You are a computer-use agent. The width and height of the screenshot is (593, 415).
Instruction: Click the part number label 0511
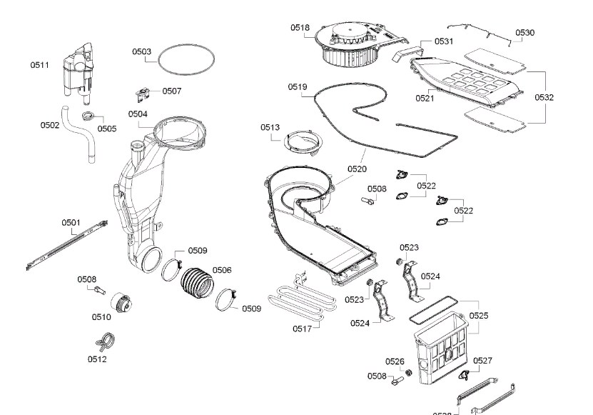39,65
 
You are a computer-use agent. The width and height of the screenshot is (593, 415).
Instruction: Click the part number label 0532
544,97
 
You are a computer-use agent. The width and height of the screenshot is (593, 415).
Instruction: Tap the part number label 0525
479,315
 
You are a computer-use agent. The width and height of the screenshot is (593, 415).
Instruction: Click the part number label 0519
298,87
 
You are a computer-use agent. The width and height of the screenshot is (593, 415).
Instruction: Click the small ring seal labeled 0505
88,116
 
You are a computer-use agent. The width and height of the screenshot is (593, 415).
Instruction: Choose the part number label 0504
138,114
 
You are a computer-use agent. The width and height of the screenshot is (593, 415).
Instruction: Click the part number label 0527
483,361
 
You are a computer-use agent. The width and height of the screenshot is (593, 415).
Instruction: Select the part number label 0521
425,99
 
